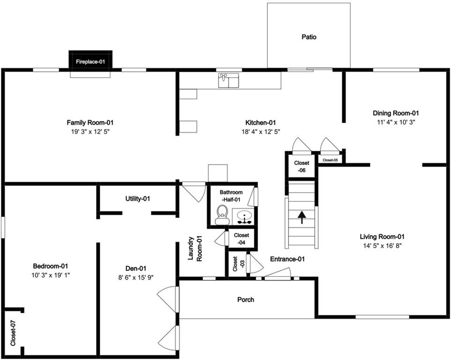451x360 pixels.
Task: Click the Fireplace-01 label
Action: [90, 61]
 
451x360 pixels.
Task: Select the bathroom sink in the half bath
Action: [244, 216]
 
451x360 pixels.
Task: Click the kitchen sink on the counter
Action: [229, 80]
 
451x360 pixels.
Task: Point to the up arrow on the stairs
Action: [302, 217]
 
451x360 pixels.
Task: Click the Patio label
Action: [309, 37]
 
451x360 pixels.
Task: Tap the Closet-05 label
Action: [330, 160]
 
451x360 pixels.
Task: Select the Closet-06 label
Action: [302, 166]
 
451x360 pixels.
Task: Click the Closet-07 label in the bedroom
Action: [13, 333]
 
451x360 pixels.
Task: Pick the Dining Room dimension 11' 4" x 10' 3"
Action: [396, 122]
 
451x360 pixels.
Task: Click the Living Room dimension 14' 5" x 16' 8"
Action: [382, 246]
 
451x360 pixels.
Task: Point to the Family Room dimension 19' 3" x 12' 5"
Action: [90, 132]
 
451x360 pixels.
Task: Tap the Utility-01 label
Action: [138, 199]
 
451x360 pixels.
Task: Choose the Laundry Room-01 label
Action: [195, 249]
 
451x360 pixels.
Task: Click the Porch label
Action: [245, 300]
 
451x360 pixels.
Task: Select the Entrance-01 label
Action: [288, 259]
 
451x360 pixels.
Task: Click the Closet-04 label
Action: [241, 239]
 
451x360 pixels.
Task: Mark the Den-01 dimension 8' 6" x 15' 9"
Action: [136, 277]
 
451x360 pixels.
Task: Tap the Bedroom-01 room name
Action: [50, 266]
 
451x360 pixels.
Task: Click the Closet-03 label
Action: [238, 264]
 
